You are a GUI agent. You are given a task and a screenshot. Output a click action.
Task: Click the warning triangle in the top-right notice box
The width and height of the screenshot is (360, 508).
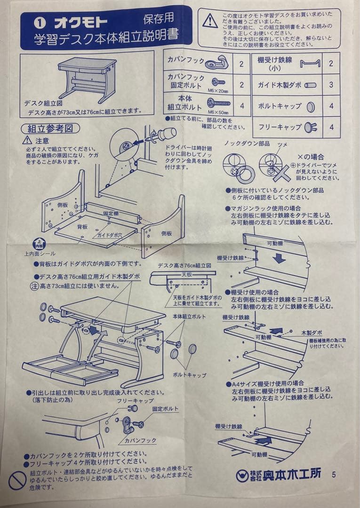coord(210,21)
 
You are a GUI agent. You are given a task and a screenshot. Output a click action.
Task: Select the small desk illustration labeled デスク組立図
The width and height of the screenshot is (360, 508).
coord(88,78)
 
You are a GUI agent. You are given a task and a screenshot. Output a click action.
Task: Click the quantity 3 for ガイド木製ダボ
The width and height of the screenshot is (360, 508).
coord(331,85)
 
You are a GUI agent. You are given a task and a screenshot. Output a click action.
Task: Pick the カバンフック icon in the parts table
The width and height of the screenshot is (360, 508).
coord(217,62)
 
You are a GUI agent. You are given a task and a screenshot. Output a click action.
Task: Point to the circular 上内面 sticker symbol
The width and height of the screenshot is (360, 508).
coord(39,244)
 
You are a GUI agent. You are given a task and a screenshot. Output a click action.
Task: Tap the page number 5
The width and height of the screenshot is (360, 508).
coord(334,474)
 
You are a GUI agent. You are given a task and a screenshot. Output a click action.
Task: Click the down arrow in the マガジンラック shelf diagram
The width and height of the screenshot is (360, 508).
coord(278,258)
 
